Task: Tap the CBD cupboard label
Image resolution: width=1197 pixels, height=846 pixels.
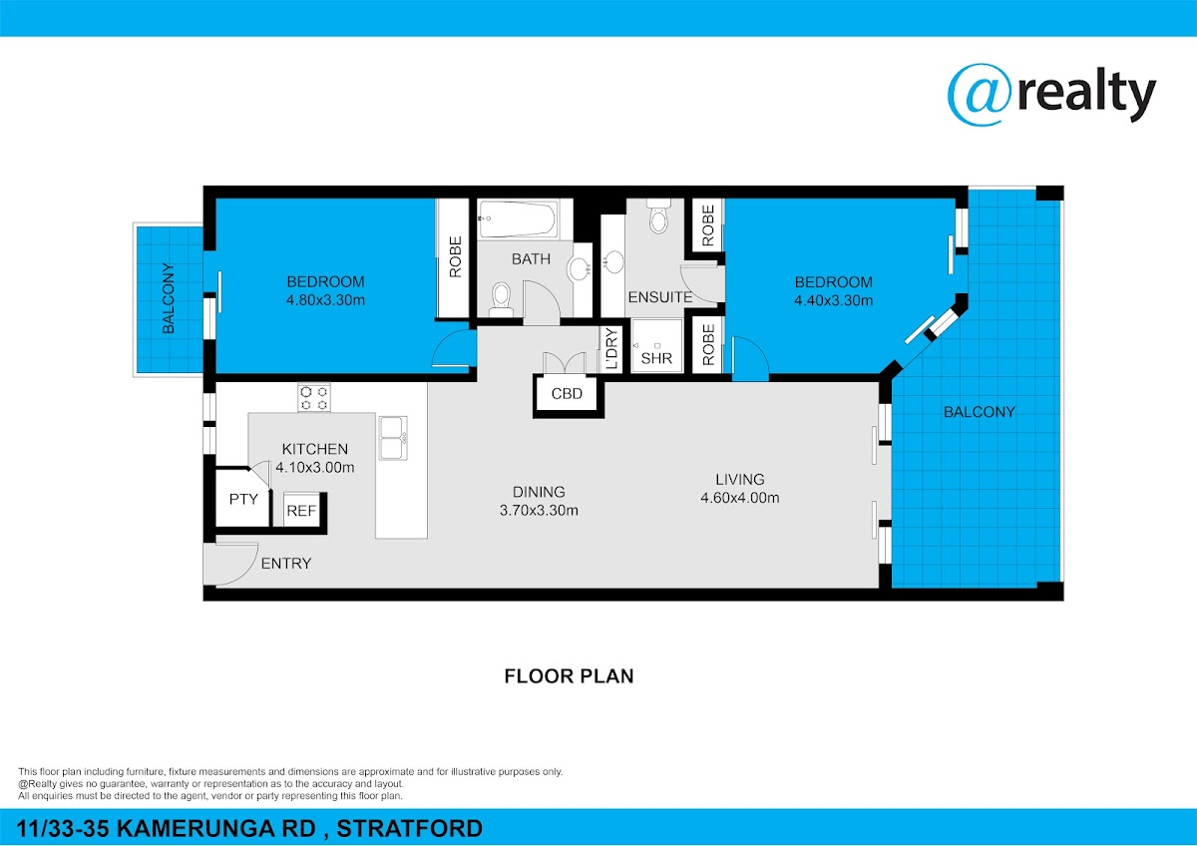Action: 567,394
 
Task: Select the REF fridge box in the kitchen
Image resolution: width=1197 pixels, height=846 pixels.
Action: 301,511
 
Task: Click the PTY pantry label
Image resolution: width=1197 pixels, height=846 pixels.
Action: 243,499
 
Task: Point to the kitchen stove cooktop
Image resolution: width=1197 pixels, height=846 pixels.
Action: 314,398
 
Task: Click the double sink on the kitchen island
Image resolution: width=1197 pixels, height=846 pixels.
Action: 393,438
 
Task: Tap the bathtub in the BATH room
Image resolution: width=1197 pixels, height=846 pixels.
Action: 517,218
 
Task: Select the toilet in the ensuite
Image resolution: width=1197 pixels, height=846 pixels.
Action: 658,216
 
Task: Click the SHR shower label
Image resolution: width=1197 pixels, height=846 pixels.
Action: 656,358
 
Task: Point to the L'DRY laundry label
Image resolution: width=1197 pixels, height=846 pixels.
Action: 611,349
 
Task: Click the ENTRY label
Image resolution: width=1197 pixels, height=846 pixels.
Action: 286,564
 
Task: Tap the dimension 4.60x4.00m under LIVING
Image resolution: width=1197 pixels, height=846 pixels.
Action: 739,498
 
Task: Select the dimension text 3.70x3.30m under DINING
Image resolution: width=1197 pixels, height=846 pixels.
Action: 539,511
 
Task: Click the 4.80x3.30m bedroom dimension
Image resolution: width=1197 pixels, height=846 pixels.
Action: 325,300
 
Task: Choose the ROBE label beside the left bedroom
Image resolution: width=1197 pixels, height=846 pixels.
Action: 455,257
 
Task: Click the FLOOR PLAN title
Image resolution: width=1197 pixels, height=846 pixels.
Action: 569,676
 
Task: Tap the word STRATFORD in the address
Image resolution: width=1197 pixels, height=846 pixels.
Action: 409,828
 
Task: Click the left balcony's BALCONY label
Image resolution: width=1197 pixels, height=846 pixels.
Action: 169,298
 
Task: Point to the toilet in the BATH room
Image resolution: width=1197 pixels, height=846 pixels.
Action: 501,300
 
